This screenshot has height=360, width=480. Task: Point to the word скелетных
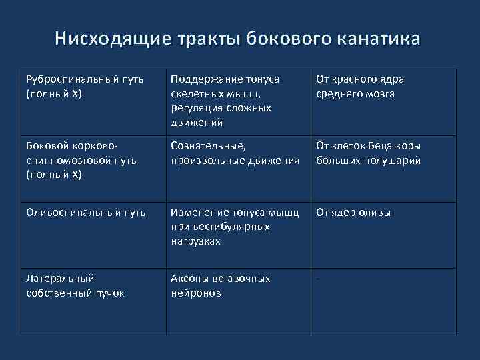pyautogui.click(x=194, y=94)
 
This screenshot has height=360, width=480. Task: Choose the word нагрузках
pyautogui.click(x=195, y=241)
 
